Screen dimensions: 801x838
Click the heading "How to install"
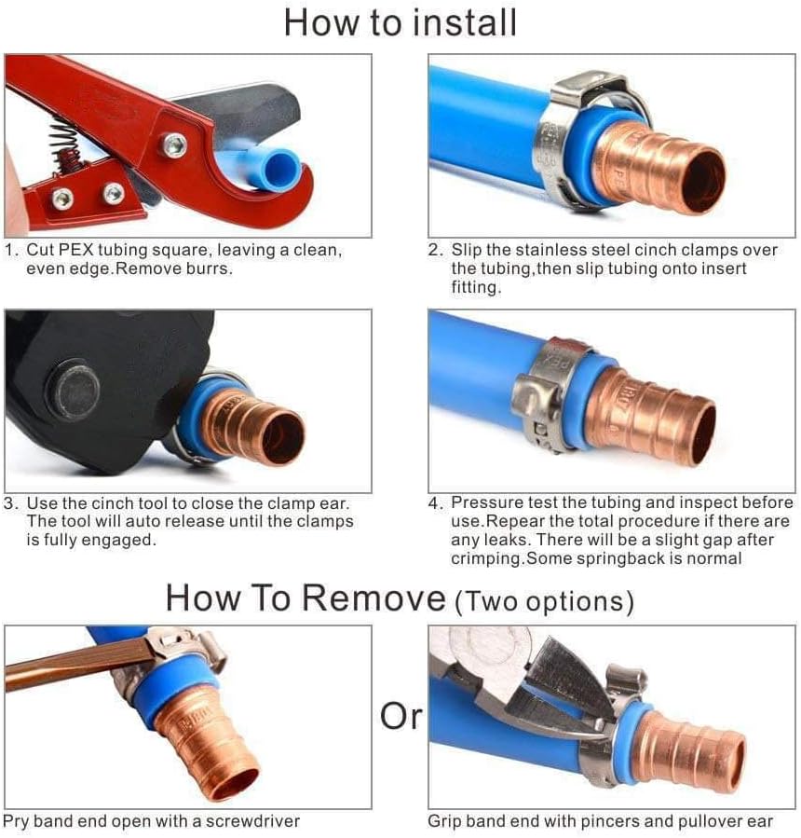(400, 22)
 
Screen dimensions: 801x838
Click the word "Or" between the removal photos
(401, 716)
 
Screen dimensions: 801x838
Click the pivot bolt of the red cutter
(174, 145)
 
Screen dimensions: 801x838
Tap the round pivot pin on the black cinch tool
(74, 392)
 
